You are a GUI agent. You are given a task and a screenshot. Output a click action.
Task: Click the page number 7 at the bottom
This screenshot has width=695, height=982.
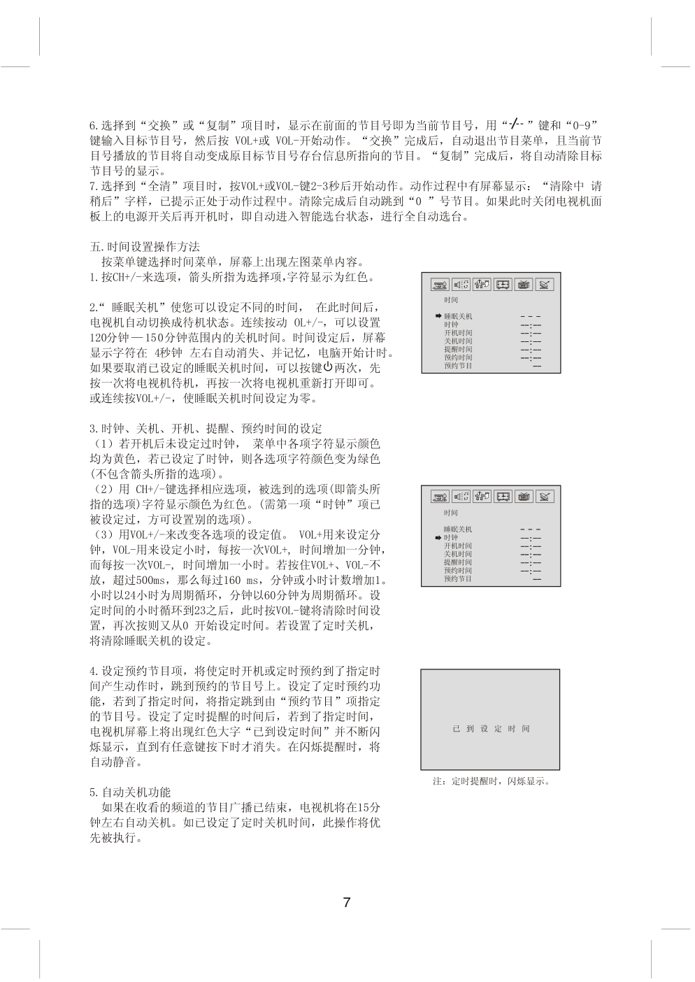pyautogui.click(x=347, y=902)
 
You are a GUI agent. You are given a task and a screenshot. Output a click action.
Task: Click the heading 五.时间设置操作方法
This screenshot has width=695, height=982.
pyautogui.click(x=145, y=247)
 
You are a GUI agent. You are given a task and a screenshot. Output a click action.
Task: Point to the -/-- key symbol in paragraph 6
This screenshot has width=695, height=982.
pyautogui.click(x=515, y=124)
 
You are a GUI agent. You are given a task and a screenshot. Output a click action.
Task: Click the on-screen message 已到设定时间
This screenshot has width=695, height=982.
pyautogui.click(x=491, y=729)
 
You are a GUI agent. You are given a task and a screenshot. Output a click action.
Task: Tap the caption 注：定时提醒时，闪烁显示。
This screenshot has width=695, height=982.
pyautogui.click(x=492, y=781)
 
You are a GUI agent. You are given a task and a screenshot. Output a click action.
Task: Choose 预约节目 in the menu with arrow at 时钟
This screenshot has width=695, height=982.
pyautogui.click(x=458, y=578)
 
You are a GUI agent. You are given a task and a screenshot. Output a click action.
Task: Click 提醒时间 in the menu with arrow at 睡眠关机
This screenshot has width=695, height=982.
pyautogui.click(x=458, y=349)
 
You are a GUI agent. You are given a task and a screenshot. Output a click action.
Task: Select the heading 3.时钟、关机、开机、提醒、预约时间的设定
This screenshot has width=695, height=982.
pyautogui.click(x=206, y=429)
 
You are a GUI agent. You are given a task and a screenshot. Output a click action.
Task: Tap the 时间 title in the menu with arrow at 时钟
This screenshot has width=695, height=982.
pyautogui.click(x=451, y=513)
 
